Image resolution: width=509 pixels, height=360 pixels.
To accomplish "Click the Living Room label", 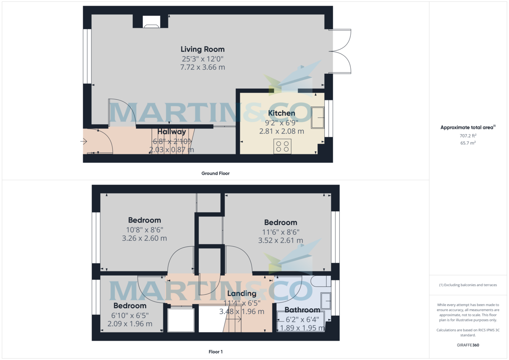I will point(202,49).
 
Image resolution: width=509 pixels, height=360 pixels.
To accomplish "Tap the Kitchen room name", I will point(282,113).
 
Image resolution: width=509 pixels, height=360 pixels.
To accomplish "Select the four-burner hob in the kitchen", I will point(282,146).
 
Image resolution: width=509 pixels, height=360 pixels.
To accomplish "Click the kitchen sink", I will point(317,117).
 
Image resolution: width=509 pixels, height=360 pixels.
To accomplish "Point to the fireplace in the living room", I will point(151,23).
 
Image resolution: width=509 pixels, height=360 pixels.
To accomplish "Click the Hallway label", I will point(172,132).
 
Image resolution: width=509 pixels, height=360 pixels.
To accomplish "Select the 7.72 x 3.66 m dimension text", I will point(202,67).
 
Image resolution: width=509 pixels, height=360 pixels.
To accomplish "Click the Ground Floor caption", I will point(215,173).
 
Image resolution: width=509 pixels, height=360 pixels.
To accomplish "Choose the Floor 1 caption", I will point(215,352).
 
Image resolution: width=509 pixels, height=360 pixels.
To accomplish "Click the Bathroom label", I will point(302,310).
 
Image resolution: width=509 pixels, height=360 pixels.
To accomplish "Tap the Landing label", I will point(242,293).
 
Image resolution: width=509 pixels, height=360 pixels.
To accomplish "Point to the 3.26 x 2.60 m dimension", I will point(144,238).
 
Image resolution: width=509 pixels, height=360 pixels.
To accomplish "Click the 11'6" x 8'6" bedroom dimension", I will point(280,232).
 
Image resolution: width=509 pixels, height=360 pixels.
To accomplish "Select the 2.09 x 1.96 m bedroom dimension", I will point(130,324).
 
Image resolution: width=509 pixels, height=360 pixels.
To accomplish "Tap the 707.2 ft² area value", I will point(468,136).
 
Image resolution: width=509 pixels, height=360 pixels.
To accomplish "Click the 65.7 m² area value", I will point(468,143).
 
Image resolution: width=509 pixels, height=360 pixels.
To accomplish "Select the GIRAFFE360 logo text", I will point(468,345).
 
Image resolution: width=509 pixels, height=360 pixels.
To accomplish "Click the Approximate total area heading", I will point(468,127).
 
